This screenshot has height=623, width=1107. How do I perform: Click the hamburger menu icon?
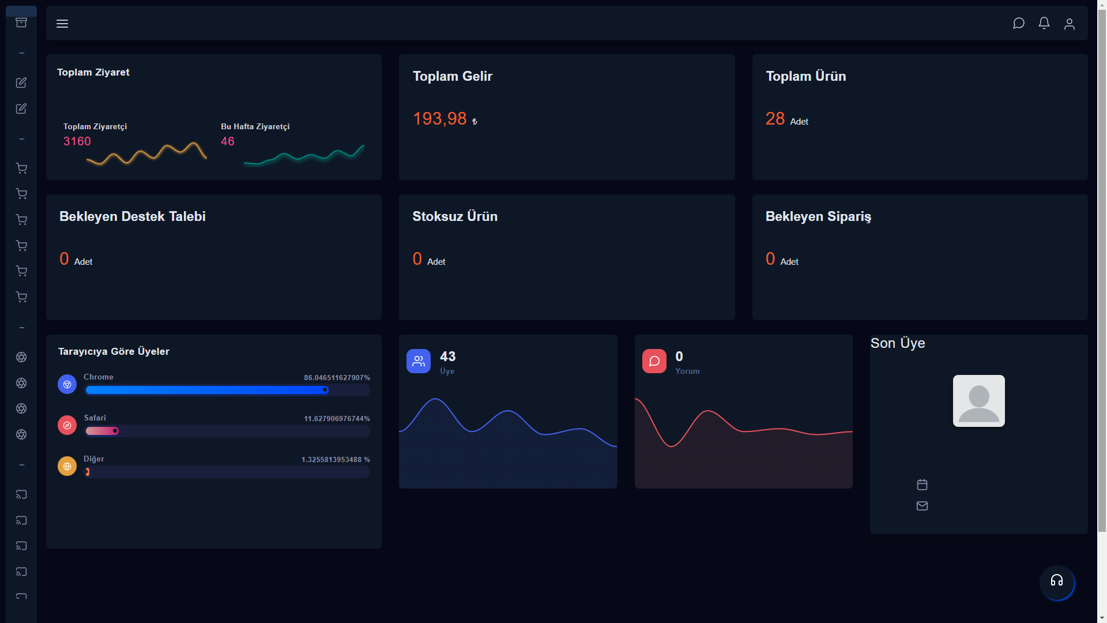tap(62, 24)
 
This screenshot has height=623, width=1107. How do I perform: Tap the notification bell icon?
tap(1044, 23)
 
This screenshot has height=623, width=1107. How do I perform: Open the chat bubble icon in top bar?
tap(1019, 23)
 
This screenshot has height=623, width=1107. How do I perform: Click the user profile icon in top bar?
tap(1070, 24)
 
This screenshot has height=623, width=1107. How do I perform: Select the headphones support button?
tap(1057, 581)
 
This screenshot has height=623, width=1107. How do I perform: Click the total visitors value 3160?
tap(77, 141)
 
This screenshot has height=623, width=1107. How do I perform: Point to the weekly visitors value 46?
tap(228, 141)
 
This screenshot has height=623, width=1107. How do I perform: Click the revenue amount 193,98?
tap(440, 118)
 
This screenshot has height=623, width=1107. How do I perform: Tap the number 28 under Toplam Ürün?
tap(775, 118)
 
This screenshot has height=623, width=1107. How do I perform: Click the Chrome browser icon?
tap(67, 384)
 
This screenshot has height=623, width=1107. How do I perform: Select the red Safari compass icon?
tap(67, 425)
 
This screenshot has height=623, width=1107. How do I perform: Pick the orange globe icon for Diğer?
tap(67, 466)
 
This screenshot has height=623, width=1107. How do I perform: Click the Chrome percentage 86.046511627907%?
tap(337, 378)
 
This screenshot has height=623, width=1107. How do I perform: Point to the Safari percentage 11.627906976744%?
tap(337, 419)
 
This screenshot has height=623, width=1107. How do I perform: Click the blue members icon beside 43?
tap(419, 361)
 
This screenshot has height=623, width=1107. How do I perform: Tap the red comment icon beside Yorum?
tap(654, 361)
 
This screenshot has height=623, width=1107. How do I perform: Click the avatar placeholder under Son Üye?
tap(979, 401)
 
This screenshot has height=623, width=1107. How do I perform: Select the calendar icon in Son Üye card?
tap(922, 485)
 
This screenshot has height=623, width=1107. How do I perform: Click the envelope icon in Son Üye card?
tap(922, 506)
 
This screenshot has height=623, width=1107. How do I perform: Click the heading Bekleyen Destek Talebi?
tap(133, 216)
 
